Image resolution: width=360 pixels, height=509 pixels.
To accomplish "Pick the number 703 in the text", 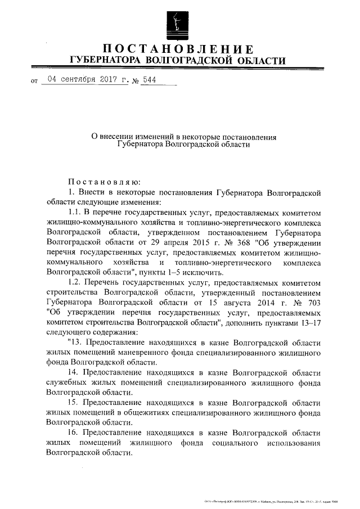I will pyautogui.click(x=311, y=301).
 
